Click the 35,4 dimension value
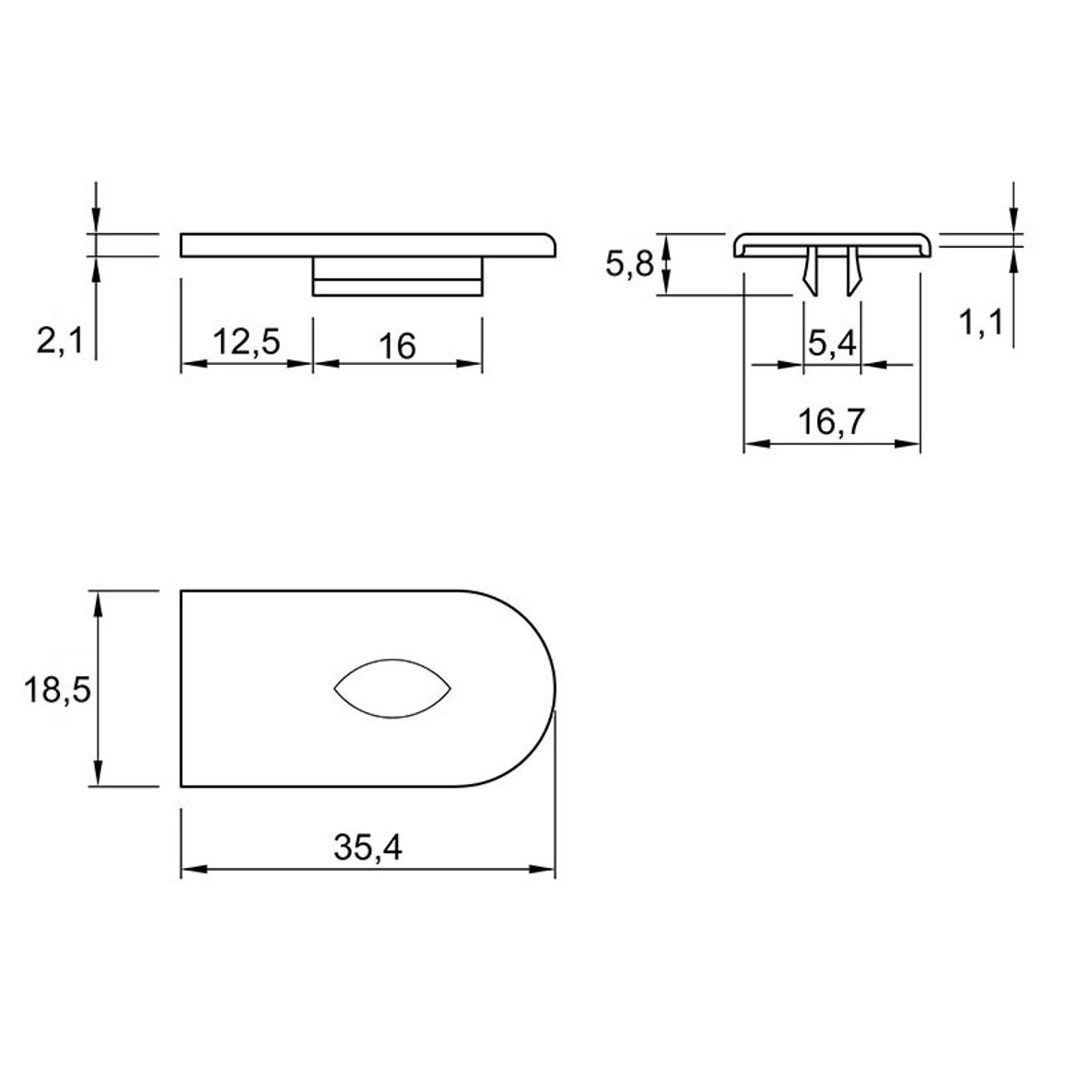pos(368,847)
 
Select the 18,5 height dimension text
pos(57,690)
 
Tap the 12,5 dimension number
pos(247,341)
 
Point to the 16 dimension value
pos(397,346)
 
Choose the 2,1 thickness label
pos(60,340)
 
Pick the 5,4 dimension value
pos(832,343)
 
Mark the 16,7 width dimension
pos(831,422)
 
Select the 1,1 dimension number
pos(981,322)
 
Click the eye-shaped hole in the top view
pos(392,689)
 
